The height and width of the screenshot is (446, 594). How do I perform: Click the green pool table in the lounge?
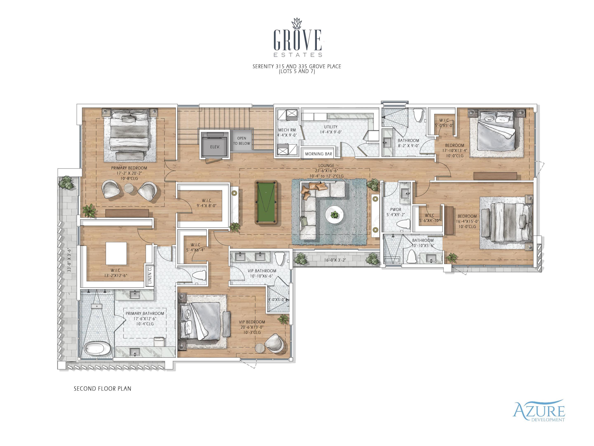[266, 202]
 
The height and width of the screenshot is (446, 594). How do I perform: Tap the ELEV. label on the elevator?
[215, 147]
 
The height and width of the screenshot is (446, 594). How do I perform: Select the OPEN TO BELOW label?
[241, 141]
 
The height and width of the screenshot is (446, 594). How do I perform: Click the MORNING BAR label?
[318, 154]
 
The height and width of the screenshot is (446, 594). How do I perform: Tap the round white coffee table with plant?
[334, 215]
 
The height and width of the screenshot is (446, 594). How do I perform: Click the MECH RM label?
[287, 130]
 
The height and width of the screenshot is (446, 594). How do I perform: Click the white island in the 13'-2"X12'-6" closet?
[116, 253]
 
